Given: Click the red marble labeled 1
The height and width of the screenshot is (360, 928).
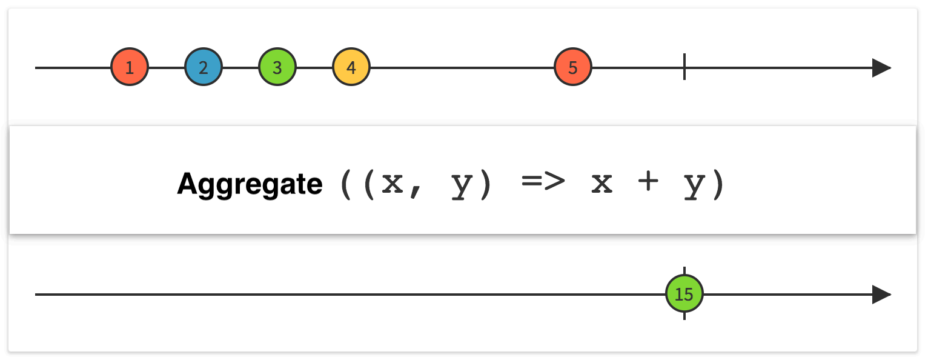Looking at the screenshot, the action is click(x=130, y=67).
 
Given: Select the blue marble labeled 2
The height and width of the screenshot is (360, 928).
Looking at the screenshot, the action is click(x=204, y=67).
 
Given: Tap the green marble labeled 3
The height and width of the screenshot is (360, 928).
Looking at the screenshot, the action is click(x=277, y=67).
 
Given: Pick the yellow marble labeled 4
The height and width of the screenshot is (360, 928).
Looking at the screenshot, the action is click(x=351, y=67).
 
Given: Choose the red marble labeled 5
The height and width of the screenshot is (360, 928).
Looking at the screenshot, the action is click(x=573, y=67).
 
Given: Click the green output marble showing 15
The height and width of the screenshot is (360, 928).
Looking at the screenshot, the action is click(x=684, y=295).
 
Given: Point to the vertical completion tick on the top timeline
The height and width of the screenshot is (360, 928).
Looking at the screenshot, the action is click(x=684, y=67).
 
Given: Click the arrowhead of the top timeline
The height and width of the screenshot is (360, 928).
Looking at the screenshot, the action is click(x=881, y=68).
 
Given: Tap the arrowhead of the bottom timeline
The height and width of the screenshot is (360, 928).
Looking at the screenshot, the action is click(x=881, y=295).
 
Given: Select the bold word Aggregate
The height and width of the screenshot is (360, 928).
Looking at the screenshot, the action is click(x=250, y=184).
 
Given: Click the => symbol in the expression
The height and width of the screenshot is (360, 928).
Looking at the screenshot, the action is click(x=543, y=184).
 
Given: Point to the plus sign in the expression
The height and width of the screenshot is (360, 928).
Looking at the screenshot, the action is click(x=648, y=184).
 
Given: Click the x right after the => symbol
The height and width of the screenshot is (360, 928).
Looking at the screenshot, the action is click(x=602, y=184).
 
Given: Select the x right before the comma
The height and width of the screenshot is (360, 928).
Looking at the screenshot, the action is click(x=393, y=184).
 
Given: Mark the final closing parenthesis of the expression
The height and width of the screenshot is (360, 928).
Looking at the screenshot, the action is click(x=718, y=184).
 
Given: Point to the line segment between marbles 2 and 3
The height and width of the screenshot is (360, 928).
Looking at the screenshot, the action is click(x=240, y=68).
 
